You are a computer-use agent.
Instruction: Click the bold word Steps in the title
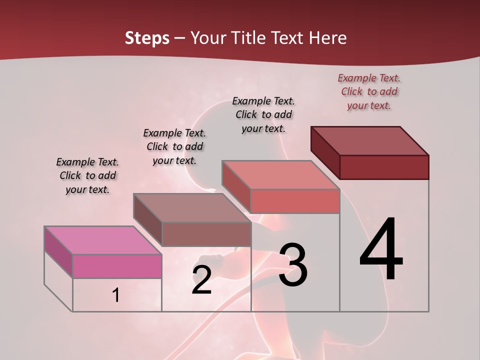coord(147,38)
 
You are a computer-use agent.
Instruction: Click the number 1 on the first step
coord(116,295)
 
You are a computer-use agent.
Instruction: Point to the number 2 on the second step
coord(201,280)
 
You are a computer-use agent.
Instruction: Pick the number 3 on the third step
coord(293,264)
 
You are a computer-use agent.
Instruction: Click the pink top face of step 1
coord(102,240)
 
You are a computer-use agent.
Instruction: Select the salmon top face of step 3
coord(280,174)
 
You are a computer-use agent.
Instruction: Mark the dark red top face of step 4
coord(369,140)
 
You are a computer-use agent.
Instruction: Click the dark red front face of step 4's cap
coord(384,167)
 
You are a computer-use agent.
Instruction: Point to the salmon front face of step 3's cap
coord(295,201)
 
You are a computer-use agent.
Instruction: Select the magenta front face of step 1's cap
coord(117,266)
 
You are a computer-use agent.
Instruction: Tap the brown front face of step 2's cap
coord(206,234)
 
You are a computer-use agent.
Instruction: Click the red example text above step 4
coord(369,91)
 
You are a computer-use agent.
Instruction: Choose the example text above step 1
coord(87,175)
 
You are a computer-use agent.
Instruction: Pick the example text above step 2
coord(174,146)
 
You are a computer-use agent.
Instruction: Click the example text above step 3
coord(263,114)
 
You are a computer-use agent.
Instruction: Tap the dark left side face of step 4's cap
coord(325,152)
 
